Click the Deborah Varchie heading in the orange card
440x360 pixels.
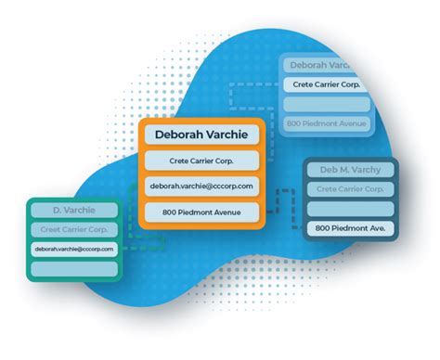[x=201, y=135]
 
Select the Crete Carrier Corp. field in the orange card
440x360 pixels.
[x=201, y=161]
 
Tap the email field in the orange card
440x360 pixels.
[x=201, y=186]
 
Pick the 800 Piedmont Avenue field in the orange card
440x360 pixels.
[x=201, y=212]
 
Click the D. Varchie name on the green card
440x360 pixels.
[x=74, y=211]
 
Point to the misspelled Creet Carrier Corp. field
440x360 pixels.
[x=74, y=229]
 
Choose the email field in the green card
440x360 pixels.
[x=74, y=249]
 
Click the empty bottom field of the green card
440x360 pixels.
[x=74, y=268]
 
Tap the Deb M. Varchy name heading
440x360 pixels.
[x=352, y=171]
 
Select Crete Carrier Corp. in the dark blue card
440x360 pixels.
[x=352, y=189]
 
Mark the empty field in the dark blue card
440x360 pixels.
[x=352, y=209]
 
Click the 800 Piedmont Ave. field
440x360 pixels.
[x=352, y=228]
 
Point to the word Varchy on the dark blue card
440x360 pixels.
[x=369, y=171]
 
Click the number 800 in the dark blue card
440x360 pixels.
[x=323, y=228]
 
